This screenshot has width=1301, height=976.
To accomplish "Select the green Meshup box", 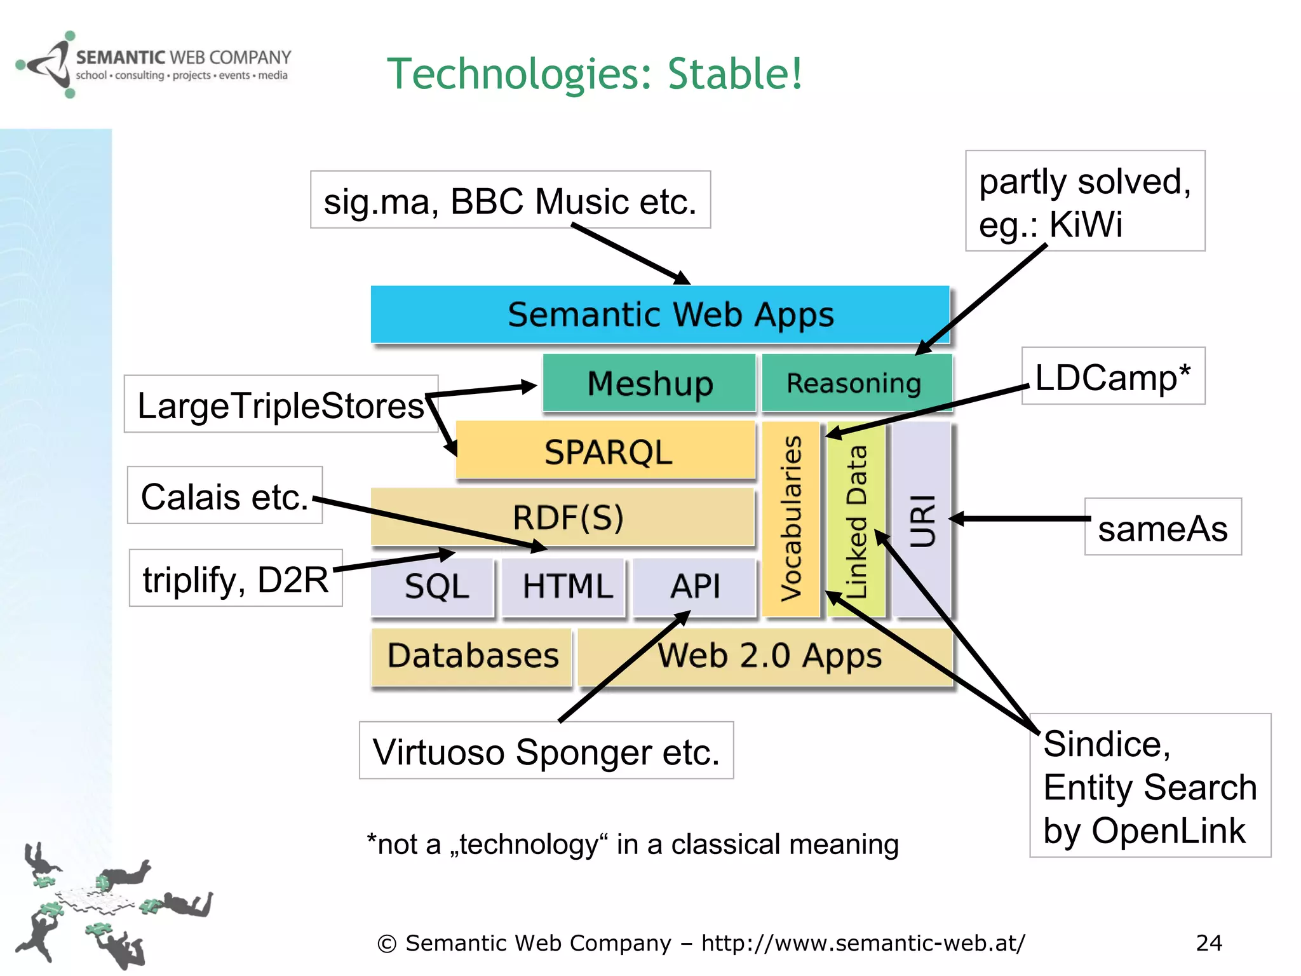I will point(649,383).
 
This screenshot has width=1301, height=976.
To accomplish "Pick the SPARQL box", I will point(607,452).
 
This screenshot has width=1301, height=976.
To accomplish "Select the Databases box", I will point(472,656).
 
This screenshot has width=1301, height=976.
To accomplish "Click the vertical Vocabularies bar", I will point(791,518).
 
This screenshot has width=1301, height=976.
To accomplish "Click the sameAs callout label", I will point(1163,527).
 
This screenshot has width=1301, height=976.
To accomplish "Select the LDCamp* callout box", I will point(1113,376).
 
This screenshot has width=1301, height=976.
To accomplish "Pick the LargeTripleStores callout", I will point(280,405).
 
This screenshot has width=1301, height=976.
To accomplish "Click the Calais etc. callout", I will point(225,496).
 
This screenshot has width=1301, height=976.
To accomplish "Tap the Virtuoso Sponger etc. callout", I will point(546,751).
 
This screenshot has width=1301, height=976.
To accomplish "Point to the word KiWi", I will point(1086,224).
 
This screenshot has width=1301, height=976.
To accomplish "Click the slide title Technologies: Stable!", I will point(595,74).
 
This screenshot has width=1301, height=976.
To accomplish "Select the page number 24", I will point(1208,943).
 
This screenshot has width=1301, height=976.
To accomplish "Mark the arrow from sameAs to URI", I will point(1023,519).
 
